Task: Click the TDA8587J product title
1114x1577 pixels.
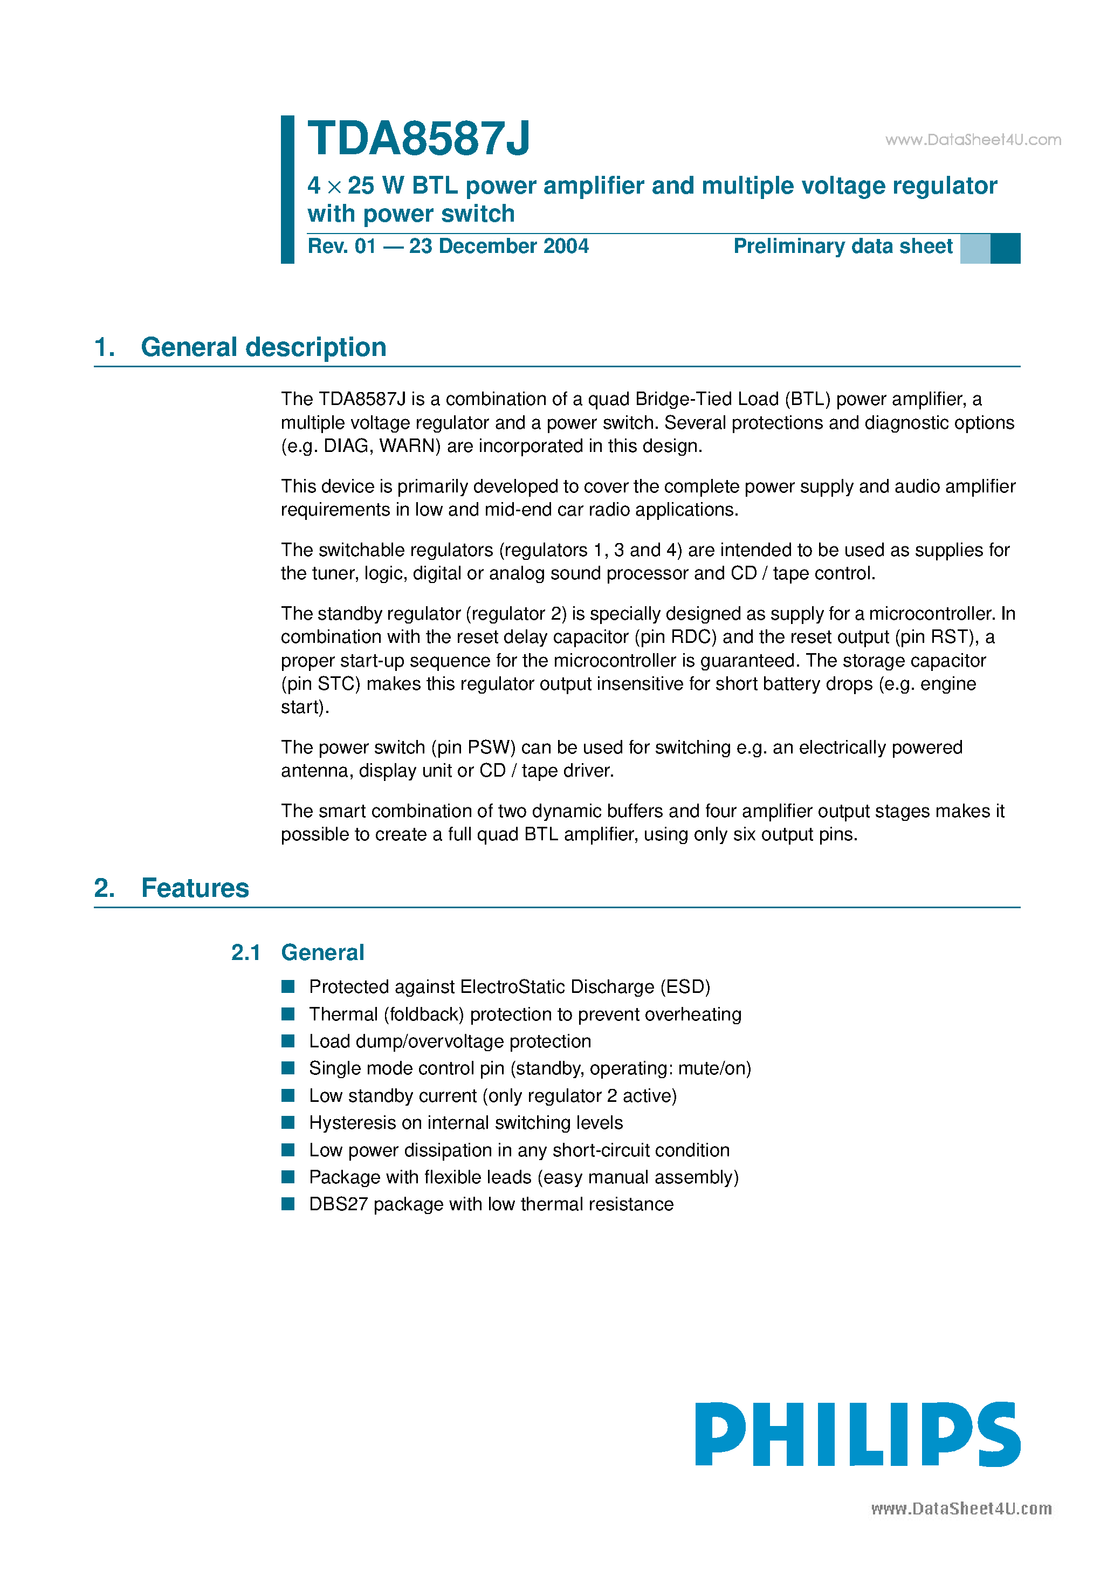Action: [418, 139]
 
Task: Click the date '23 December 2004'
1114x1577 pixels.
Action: [499, 246]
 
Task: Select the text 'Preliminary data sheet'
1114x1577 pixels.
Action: [843, 246]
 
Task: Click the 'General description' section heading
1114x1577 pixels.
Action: [263, 347]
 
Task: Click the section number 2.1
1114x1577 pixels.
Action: [245, 952]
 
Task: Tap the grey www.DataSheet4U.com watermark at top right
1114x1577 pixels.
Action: [973, 140]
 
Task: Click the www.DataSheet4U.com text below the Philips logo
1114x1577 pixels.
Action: [961, 1509]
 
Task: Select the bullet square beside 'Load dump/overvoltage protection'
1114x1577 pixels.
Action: [288, 1041]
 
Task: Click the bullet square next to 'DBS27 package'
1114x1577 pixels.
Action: [288, 1204]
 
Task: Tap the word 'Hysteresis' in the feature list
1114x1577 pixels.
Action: [352, 1122]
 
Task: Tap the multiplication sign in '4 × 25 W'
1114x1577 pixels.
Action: [334, 187]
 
